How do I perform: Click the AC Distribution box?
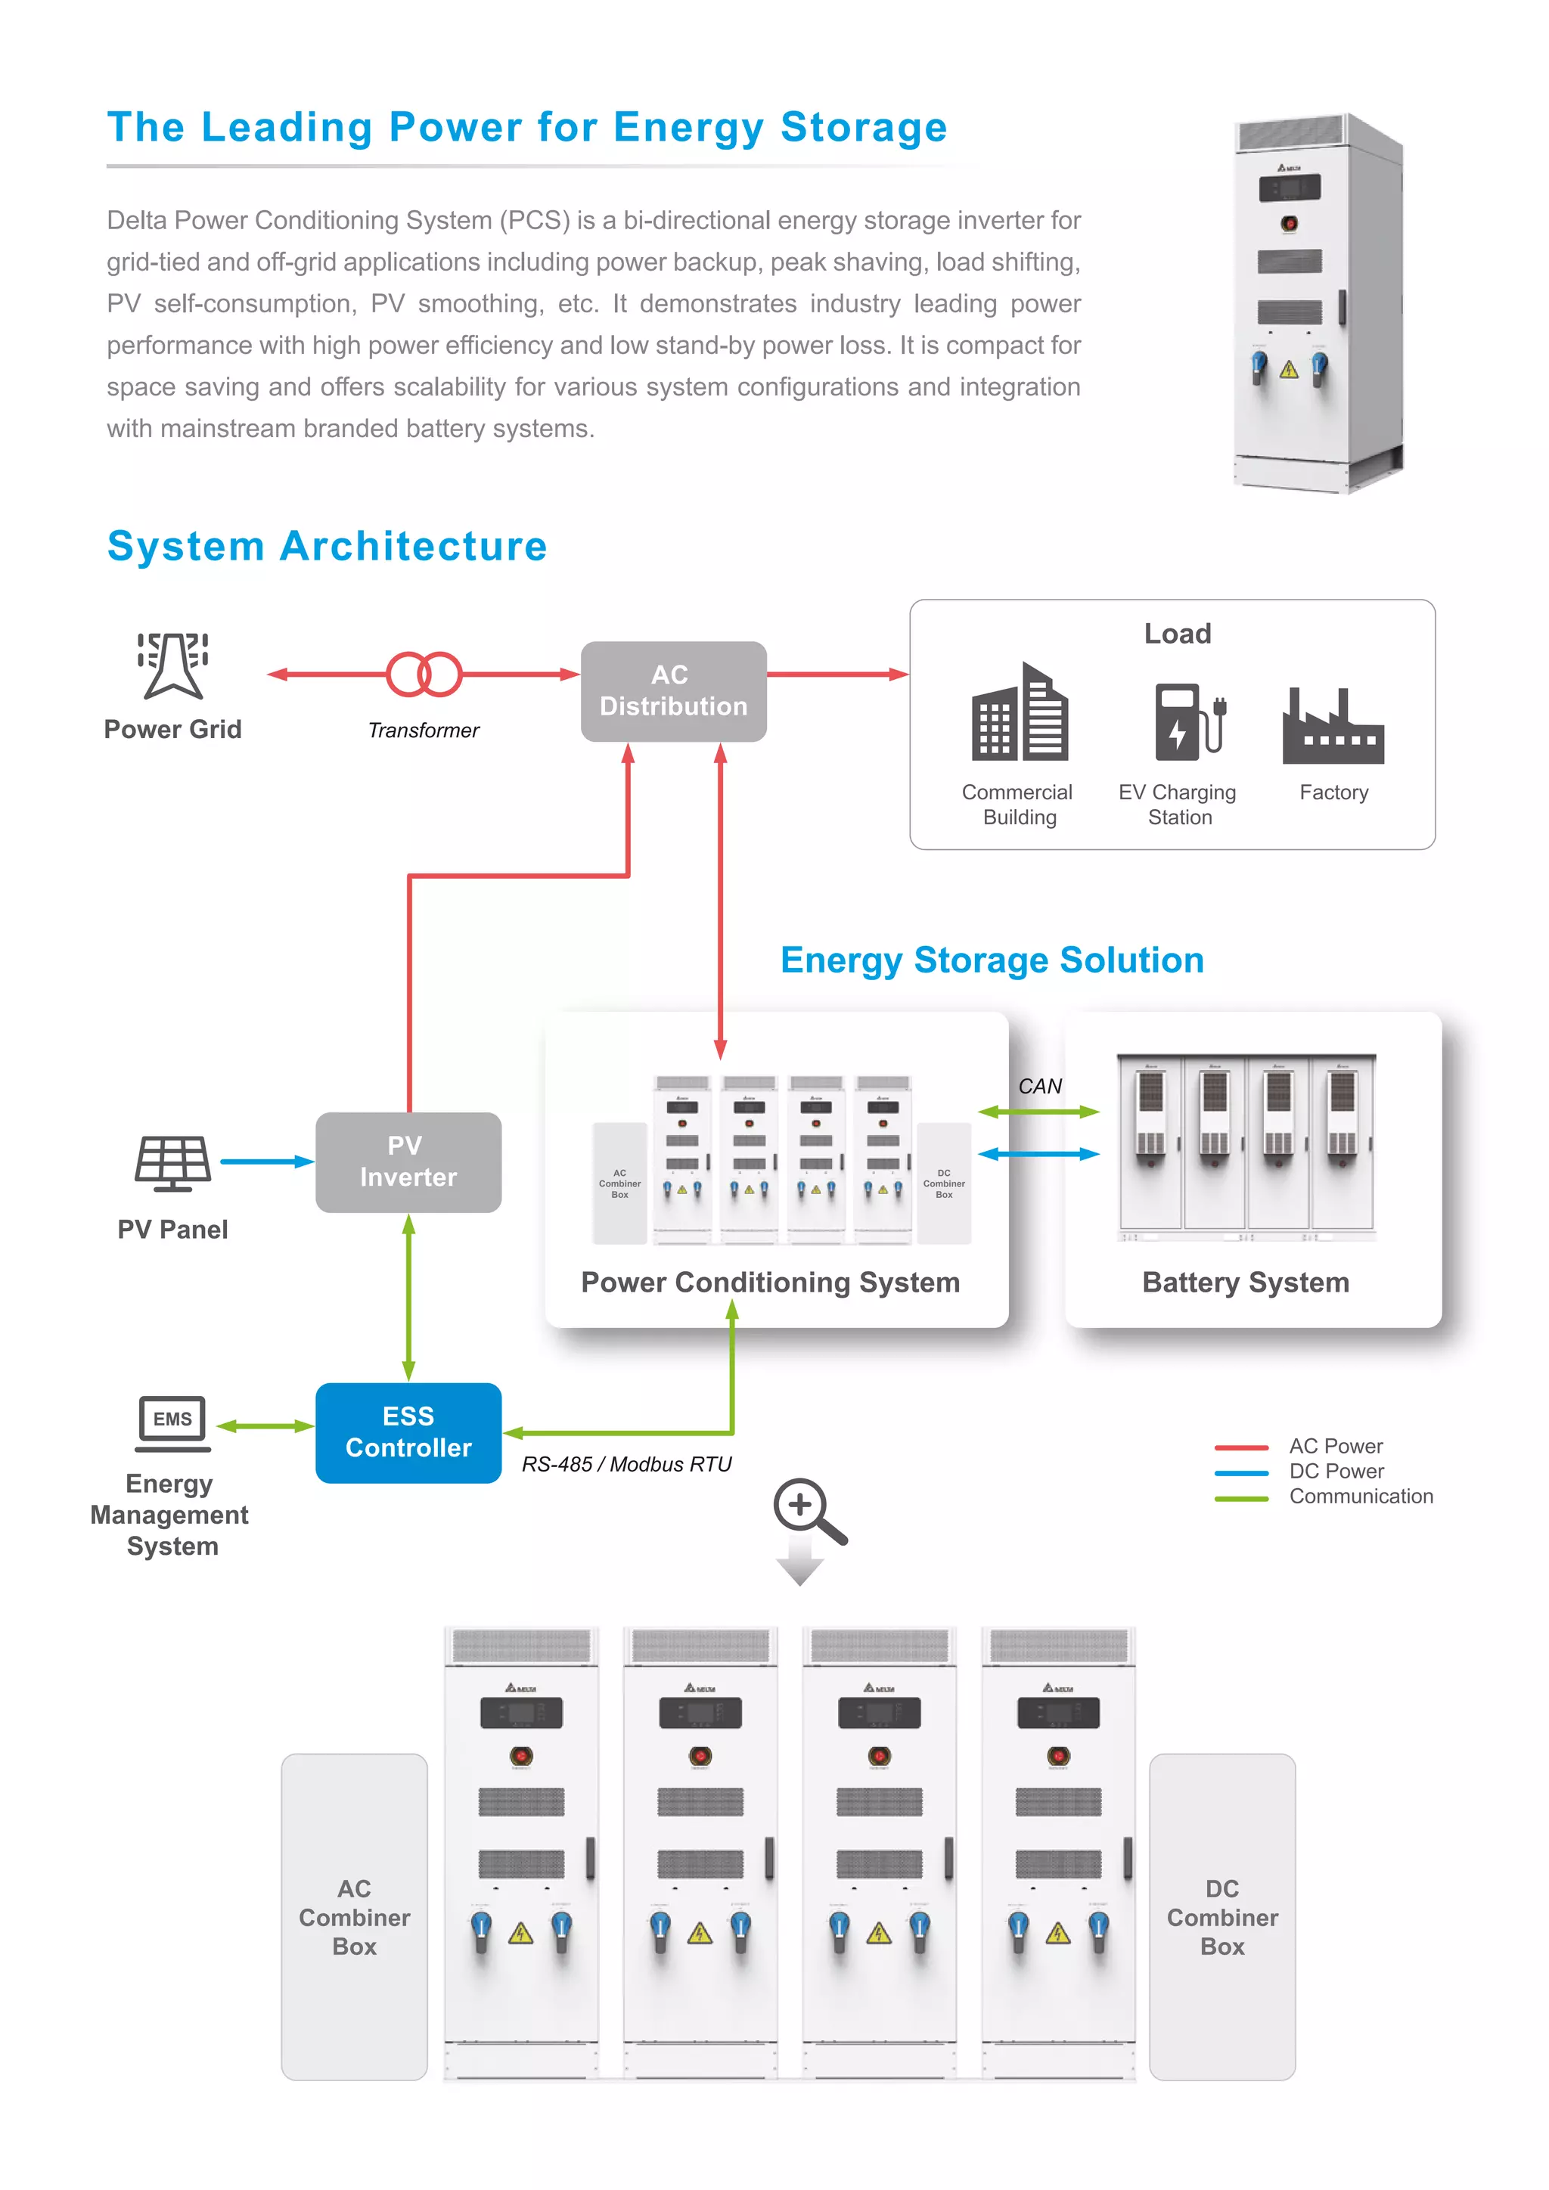(x=673, y=690)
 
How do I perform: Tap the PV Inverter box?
(x=408, y=1161)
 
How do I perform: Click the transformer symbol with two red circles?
(x=424, y=675)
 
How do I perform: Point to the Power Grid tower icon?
(x=172, y=665)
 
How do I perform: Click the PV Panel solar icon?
(x=172, y=1163)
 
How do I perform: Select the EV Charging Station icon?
(x=1187, y=721)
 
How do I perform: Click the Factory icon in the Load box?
(x=1333, y=726)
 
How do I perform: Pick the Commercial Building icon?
(x=1019, y=712)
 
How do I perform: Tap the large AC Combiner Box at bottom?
(x=354, y=1916)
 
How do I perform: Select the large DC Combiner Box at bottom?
(x=1222, y=1916)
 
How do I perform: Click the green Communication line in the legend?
(x=1241, y=1499)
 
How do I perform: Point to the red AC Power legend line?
(x=1241, y=1447)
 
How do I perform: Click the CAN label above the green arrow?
(x=1040, y=1087)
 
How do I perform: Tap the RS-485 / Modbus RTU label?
(x=627, y=1464)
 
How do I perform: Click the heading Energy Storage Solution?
(x=992, y=960)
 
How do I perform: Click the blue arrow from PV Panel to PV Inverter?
(x=266, y=1161)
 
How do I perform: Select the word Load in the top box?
(x=1177, y=634)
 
